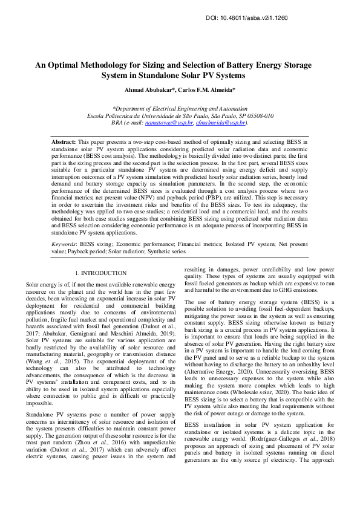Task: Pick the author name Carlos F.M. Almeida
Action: (206, 90)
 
